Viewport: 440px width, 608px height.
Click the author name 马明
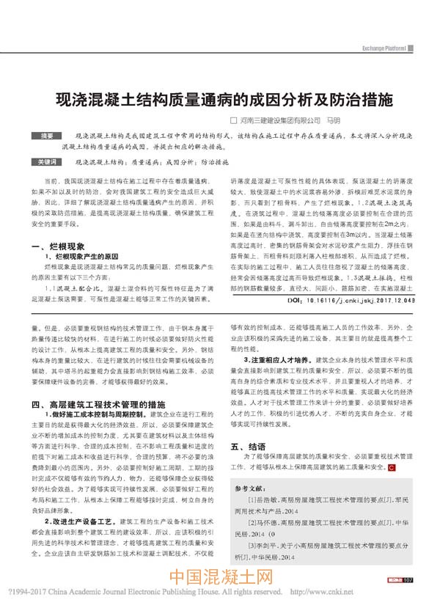click(x=334, y=119)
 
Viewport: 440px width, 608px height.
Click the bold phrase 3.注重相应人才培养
click(x=278, y=362)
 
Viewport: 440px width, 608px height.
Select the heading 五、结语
click(x=249, y=445)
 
